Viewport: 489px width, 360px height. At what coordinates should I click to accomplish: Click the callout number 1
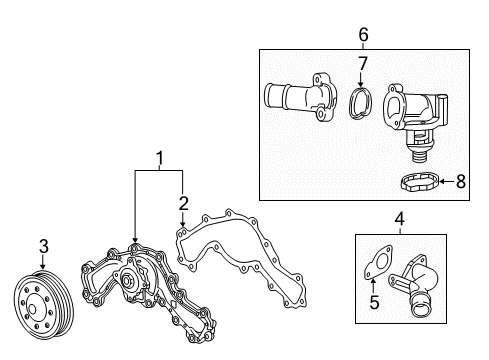(x=158, y=157)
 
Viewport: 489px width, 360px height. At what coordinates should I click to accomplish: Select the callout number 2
(x=182, y=204)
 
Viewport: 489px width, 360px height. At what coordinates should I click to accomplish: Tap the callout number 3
(x=44, y=246)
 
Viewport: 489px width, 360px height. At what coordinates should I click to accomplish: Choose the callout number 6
(x=363, y=35)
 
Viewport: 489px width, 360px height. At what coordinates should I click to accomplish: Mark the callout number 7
(x=364, y=65)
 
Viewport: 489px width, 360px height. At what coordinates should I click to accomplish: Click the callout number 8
(x=461, y=182)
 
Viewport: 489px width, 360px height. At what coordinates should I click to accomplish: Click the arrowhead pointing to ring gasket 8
(x=439, y=182)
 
